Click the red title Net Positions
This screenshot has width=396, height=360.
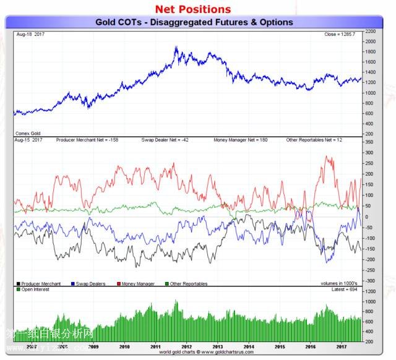(x=192, y=9)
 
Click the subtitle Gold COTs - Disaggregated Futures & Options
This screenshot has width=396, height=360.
(x=194, y=22)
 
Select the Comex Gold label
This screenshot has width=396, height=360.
(x=27, y=133)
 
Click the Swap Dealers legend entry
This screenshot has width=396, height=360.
(x=89, y=284)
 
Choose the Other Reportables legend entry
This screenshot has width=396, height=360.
(x=188, y=284)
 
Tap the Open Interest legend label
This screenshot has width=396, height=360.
(x=35, y=289)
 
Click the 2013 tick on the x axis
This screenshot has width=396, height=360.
(x=218, y=347)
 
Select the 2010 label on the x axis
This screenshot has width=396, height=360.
(x=124, y=347)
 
